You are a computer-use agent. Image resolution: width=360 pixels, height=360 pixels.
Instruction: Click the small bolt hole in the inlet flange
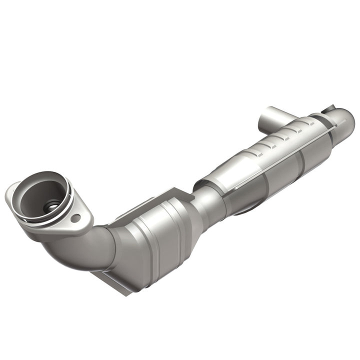tap(75, 218)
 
